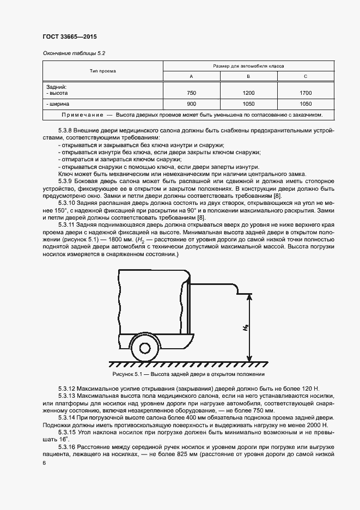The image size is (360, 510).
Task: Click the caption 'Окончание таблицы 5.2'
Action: tap(73, 53)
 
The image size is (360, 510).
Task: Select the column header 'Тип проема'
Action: tap(103, 71)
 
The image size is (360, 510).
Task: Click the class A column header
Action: tap(191, 76)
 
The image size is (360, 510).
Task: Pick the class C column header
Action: tap(306, 76)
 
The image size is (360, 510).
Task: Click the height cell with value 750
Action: tap(191, 93)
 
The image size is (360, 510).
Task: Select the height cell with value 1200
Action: tap(248, 93)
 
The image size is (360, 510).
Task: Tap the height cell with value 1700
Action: tap(306, 93)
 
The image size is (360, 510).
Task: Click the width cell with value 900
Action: tap(191, 104)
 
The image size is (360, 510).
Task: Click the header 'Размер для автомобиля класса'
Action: tap(248, 65)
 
